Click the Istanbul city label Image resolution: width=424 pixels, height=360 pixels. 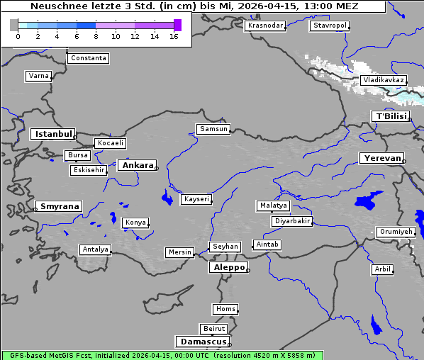point(52,134)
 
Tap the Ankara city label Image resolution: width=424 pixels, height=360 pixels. point(137,165)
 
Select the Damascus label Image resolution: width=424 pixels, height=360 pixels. point(202,342)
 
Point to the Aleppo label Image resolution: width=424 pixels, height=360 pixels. point(228,268)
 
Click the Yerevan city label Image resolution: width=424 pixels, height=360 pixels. point(381,158)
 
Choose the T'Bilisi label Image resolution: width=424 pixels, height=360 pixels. point(391,116)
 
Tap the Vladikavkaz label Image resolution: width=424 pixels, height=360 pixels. point(383,80)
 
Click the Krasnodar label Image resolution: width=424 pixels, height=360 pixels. point(265,26)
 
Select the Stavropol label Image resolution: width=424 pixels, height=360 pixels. point(330,26)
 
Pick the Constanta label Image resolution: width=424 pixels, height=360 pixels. point(89,58)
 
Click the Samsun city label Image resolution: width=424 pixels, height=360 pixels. point(213,129)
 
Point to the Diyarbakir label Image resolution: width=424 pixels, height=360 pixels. point(292,221)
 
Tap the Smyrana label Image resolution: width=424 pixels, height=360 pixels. point(59,206)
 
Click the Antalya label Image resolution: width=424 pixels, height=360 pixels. point(95,249)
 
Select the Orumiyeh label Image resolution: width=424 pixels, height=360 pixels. point(395,232)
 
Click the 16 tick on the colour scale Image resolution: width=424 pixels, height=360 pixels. point(174,36)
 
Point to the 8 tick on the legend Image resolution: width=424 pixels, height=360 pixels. point(96,36)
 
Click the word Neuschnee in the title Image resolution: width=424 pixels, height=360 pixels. point(55,6)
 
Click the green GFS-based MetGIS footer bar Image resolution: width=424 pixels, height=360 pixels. point(162,355)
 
